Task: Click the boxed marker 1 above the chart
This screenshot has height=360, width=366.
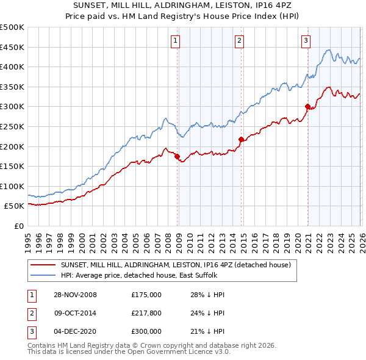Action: [175, 41]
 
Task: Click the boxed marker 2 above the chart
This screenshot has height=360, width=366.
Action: [239, 41]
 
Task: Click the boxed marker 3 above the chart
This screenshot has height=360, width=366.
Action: [306, 41]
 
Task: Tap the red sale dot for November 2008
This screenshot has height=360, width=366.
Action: [178, 156]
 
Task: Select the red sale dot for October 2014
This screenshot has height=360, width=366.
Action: [242, 139]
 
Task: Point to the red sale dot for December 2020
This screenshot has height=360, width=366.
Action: [307, 106]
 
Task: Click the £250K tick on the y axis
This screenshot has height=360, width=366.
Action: [12, 126]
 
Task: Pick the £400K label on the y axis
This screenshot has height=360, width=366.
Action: [12, 67]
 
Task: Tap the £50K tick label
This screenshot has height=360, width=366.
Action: [14, 206]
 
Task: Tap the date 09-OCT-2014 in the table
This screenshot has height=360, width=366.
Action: [75, 314]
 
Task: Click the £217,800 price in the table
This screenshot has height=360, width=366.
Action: [146, 314]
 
